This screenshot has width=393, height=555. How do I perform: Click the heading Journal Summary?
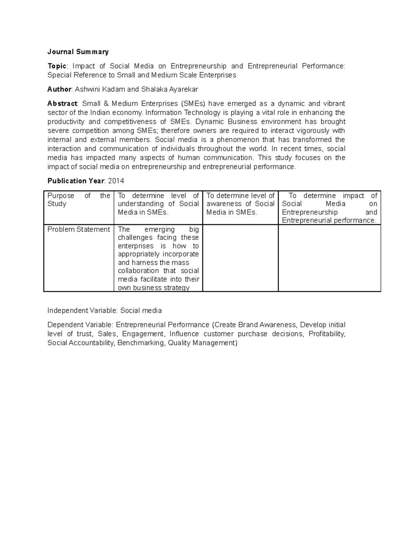pos(78,52)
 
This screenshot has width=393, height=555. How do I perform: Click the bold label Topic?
pos(57,66)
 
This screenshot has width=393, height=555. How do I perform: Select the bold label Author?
pos(59,89)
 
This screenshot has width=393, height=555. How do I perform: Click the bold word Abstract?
pos(62,104)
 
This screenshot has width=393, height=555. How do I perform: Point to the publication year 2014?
pos(116,181)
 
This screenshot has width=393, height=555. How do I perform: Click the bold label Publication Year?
pos(76,181)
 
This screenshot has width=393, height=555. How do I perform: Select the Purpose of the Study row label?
pos(79,200)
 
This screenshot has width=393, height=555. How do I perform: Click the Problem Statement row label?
pos(79,229)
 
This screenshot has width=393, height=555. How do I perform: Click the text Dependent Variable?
pos(80,325)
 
